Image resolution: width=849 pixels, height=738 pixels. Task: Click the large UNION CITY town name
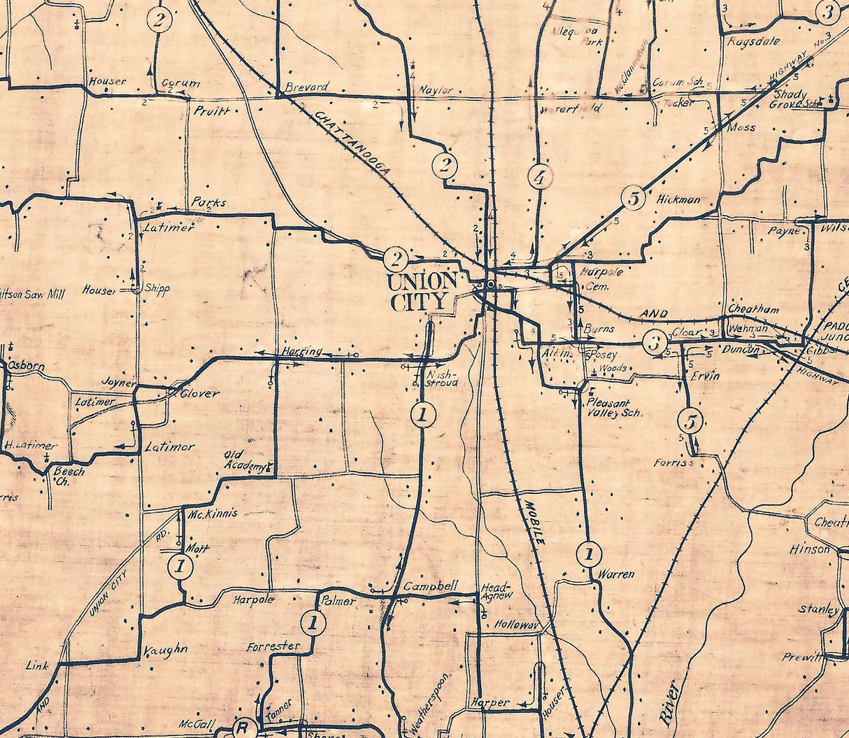click(x=422, y=292)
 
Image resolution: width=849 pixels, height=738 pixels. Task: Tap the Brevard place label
click(x=307, y=87)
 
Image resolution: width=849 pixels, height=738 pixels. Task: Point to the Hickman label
click(x=678, y=200)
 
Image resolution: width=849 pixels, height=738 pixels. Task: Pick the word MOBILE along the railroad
click(x=533, y=522)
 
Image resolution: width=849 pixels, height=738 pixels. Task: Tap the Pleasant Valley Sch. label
click(x=613, y=409)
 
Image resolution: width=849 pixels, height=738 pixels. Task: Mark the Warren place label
click(x=616, y=574)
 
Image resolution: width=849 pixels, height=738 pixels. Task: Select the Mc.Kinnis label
click(x=213, y=513)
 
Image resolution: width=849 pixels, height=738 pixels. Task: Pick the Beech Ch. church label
click(x=69, y=476)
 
